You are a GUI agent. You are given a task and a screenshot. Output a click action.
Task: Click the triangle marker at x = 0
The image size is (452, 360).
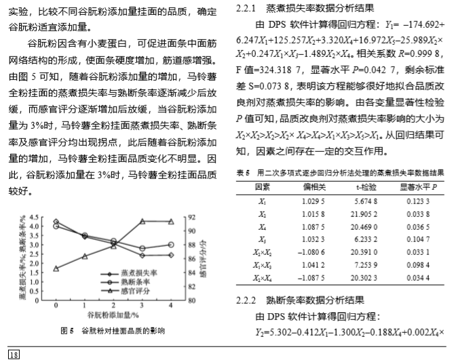click(56, 268)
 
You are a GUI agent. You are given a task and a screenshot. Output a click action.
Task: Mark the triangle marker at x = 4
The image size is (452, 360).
click(170, 221)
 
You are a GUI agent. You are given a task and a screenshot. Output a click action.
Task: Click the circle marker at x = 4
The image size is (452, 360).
click(170, 245)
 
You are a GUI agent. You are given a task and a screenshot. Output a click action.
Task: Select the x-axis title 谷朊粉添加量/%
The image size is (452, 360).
click(113, 315)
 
